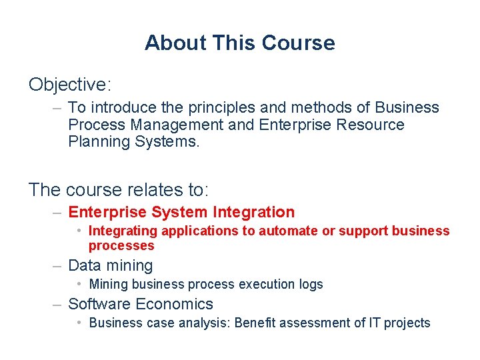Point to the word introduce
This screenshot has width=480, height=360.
point(121,107)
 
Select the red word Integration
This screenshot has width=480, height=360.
point(253,212)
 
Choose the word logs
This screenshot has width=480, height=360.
point(311,284)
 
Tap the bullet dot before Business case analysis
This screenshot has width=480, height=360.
point(79,323)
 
